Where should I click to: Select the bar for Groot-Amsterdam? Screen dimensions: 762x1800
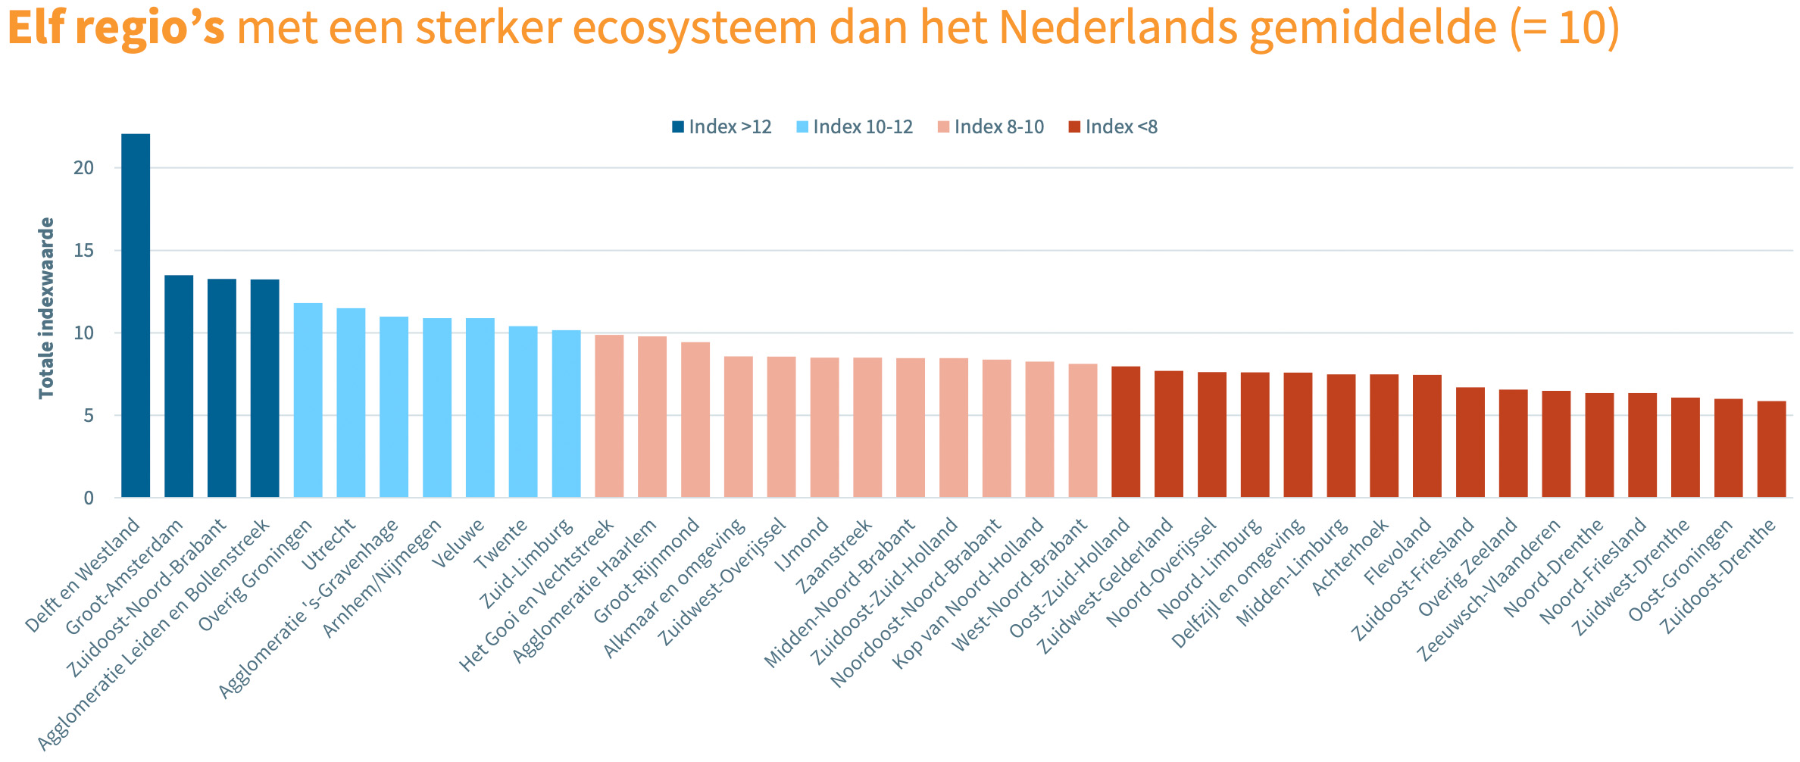tap(179, 386)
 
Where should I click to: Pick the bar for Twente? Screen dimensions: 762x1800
tap(523, 412)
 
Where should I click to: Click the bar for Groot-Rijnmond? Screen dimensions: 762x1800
tap(695, 420)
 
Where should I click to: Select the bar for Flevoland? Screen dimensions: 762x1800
tap(1427, 436)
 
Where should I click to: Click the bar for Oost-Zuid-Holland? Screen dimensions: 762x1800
tap(1126, 432)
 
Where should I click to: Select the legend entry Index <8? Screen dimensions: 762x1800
tap(1113, 127)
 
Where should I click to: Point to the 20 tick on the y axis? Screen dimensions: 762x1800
tap(84, 168)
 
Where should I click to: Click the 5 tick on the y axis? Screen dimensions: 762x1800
tap(89, 416)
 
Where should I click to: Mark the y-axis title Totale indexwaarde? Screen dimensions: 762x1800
tap(47, 308)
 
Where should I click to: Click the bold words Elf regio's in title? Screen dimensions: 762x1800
tap(116, 27)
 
